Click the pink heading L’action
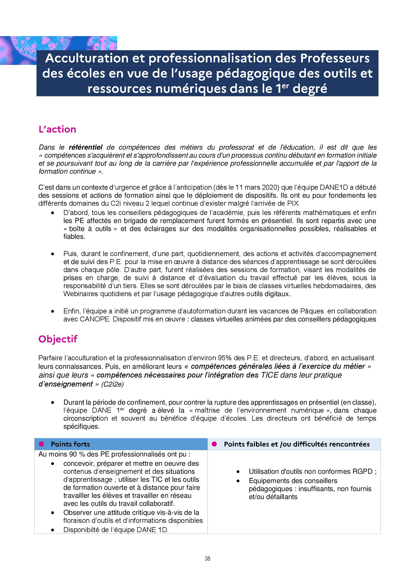[57, 129]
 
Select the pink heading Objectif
[58, 339]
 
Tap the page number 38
[207, 559]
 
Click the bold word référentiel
[86, 147]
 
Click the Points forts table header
[70, 444]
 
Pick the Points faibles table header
[297, 444]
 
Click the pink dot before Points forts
[41, 444]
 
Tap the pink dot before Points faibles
[214, 444]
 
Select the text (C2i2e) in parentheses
[112, 384]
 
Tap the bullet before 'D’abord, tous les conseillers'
[53, 213]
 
